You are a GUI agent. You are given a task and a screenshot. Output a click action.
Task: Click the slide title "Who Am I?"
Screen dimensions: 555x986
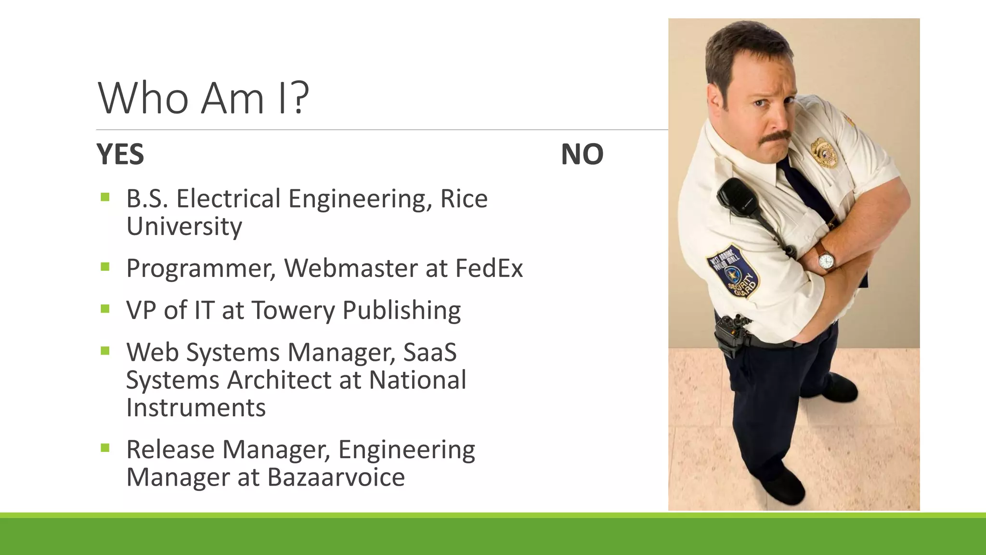tap(203, 98)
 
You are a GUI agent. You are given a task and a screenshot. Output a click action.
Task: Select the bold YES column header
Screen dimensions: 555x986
tap(120, 155)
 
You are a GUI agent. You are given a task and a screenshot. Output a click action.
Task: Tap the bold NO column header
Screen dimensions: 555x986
tap(582, 155)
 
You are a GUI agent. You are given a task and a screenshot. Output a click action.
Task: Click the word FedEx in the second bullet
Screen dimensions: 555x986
tap(489, 268)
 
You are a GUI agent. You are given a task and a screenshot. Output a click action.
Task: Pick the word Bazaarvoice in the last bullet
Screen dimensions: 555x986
tap(336, 477)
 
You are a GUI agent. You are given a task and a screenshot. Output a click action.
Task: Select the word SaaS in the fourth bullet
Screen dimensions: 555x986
tap(430, 352)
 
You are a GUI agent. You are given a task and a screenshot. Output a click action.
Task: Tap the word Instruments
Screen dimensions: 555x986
tap(196, 408)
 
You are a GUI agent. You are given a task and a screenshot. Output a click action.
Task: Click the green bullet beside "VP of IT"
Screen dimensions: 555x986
tap(105, 309)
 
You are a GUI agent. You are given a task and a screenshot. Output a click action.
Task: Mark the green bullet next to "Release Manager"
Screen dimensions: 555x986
tap(105, 449)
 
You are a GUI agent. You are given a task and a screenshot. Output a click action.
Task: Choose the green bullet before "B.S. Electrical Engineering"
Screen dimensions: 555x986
tap(105, 197)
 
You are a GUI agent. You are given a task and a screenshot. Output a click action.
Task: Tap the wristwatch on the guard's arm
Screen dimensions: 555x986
tap(826, 261)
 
